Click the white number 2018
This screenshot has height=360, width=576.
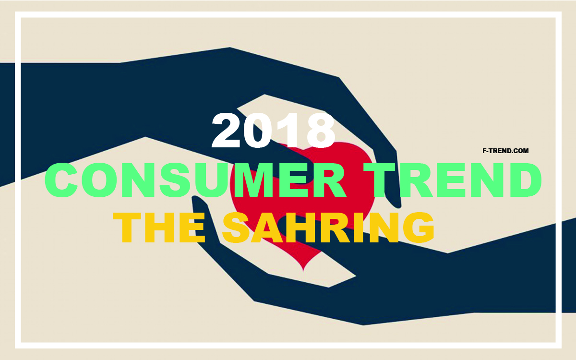pyautogui.click(x=273, y=131)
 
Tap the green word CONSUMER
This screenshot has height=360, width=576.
pyautogui.click(x=195, y=180)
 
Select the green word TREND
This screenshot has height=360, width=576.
pyautogui.click(x=452, y=180)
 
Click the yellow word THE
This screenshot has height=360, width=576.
pyautogui.click(x=159, y=228)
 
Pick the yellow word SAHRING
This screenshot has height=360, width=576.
pyautogui.click(x=328, y=228)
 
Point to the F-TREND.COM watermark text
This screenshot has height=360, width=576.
pyautogui.click(x=505, y=151)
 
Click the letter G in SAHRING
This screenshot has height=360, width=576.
pyautogui.click(x=419, y=228)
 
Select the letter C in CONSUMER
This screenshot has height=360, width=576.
pyautogui.click(x=61, y=180)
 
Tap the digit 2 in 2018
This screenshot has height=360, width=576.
pyautogui.click(x=226, y=131)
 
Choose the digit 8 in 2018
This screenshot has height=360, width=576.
pyautogui.click(x=321, y=131)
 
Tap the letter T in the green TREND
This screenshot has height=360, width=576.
pyautogui.click(x=379, y=180)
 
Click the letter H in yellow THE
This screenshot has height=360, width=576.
pyautogui.click(x=160, y=228)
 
